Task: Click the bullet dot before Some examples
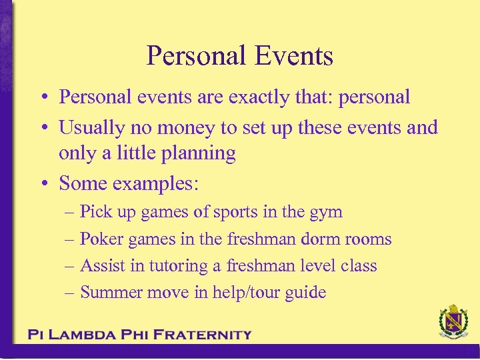[x=42, y=183]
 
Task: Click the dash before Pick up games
[x=71, y=213]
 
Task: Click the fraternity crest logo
[x=453, y=323]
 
